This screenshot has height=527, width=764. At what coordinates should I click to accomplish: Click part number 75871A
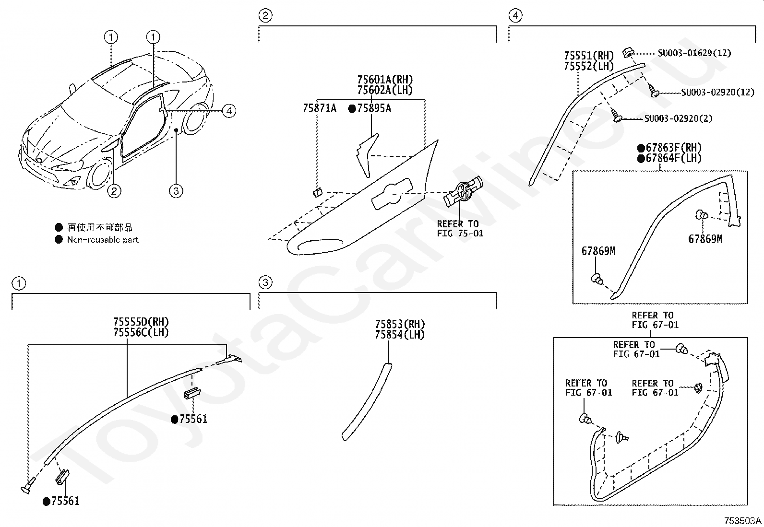click(x=319, y=109)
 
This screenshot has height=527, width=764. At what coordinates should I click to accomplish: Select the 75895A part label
click(x=373, y=109)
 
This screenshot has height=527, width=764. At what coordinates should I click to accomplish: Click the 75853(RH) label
click(x=400, y=325)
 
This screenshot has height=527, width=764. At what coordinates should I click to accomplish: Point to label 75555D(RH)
click(x=141, y=322)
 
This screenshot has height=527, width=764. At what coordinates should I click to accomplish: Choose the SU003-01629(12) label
click(x=687, y=53)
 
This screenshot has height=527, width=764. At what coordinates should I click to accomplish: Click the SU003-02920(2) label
click(x=678, y=119)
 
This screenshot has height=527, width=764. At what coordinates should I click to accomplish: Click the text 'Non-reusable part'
click(x=103, y=240)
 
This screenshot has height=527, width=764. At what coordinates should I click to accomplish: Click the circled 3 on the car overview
click(x=176, y=191)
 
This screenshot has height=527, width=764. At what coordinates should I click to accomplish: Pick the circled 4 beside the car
click(x=229, y=111)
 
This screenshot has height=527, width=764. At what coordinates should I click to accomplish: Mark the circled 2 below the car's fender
click(x=114, y=191)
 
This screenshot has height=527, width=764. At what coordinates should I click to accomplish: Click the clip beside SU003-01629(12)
click(x=627, y=51)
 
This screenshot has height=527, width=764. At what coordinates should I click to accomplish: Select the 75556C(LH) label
click(x=141, y=332)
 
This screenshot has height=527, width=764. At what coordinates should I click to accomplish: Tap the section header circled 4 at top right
click(x=515, y=16)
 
